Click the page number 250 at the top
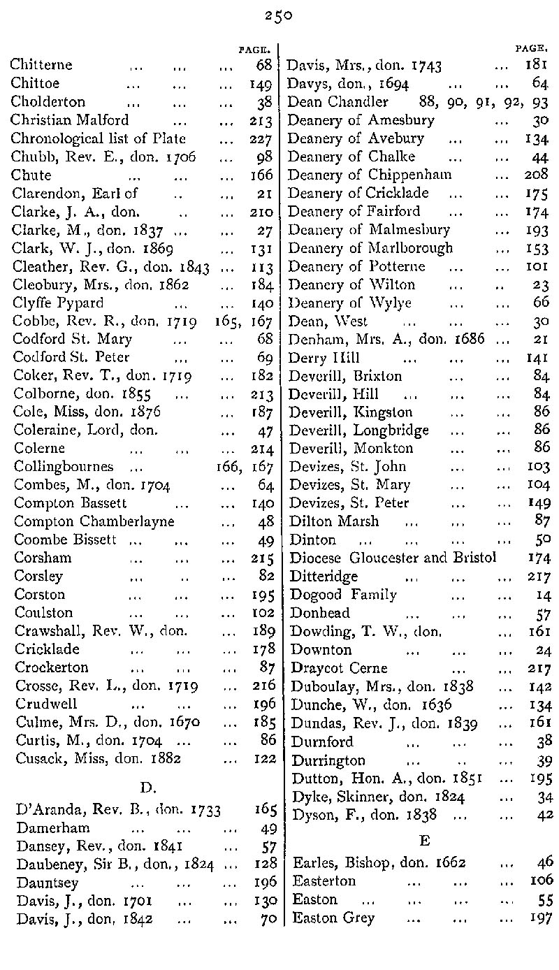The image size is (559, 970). coord(278,16)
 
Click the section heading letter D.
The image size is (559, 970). coord(147,788)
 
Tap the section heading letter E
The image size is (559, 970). coord(423,839)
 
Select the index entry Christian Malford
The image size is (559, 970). coord(70,120)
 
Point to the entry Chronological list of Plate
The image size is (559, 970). coord(99,138)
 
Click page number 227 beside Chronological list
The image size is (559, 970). coord(260,138)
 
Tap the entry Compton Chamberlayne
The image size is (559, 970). coord(94,521)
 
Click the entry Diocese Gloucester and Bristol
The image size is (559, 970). coord(393,558)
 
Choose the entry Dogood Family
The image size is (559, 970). coord(343,595)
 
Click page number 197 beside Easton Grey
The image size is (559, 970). coord(541,918)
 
